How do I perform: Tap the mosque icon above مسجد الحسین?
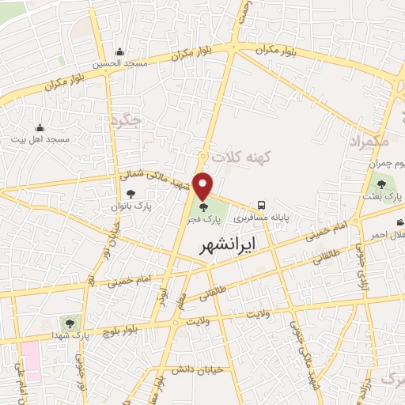pyautogui.click(x=119, y=52)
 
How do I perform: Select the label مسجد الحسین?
pyautogui.click(x=119, y=64)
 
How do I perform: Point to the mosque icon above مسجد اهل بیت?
pyautogui.click(x=40, y=127)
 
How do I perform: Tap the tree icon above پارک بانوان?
pyautogui.click(x=131, y=194)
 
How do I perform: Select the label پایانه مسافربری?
pyautogui.click(x=289, y=214)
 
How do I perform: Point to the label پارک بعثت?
pyautogui.click(x=388, y=195)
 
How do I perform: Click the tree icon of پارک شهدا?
pyautogui.click(x=70, y=323)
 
